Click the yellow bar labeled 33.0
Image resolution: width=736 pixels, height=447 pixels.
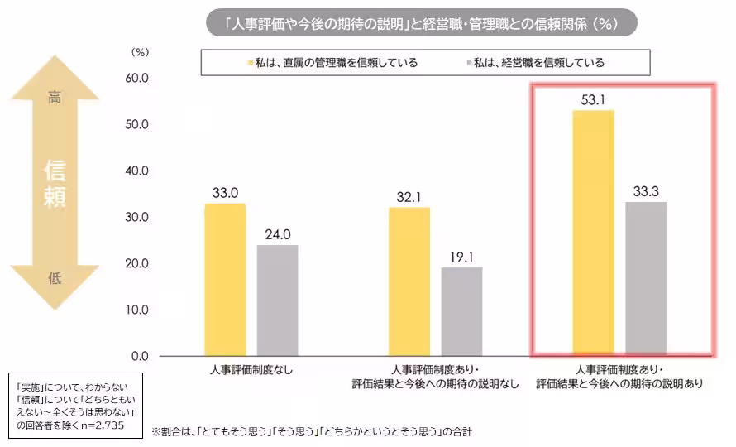pyautogui.click(x=225, y=280)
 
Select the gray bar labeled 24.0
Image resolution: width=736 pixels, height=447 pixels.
pyautogui.click(x=277, y=300)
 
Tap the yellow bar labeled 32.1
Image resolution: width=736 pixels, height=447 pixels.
pyautogui.click(x=409, y=281)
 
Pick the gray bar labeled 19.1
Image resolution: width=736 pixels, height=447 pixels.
pyautogui.click(x=461, y=311)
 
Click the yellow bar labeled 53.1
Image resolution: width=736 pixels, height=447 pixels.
pyautogui.click(x=594, y=233)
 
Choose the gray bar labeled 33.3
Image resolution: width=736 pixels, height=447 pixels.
pyautogui.click(x=646, y=279)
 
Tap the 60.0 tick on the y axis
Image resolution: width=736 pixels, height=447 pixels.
pyautogui.click(x=135, y=79)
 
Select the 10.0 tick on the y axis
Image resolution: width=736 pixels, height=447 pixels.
pyautogui.click(x=135, y=310)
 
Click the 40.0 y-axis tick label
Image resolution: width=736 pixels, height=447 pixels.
pyautogui.click(x=135, y=171)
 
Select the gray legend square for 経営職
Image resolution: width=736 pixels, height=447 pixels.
pyautogui.click(x=468, y=63)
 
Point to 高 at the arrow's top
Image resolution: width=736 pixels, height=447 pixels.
pyautogui.click(x=55, y=99)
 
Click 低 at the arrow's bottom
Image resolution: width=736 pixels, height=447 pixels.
pyautogui.click(x=55, y=278)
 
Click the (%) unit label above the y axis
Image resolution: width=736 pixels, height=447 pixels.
pyautogui.click(x=140, y=51)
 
